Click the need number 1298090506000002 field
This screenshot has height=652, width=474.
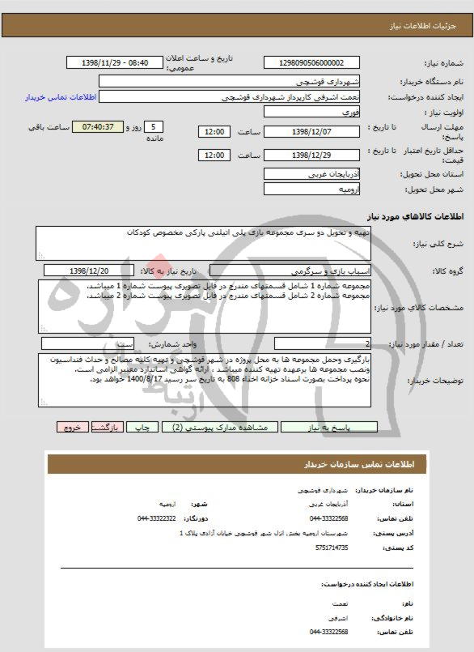[x=316, y=62]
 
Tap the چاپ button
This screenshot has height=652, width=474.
[x=141, y=425]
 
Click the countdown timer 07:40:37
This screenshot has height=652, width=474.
[x=98, y=128]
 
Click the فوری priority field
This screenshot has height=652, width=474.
[x=316, y=113]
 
